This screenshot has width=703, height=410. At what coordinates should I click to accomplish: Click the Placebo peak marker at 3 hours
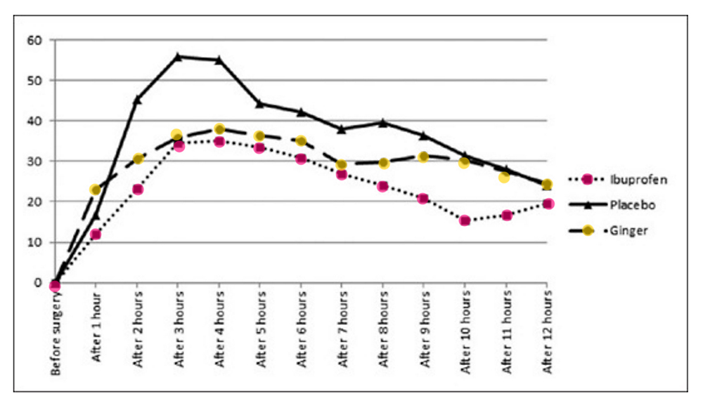point(178,56)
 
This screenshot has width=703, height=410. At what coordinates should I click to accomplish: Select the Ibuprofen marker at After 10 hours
point(465,220)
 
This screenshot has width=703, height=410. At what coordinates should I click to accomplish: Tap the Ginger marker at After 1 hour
point(96,190)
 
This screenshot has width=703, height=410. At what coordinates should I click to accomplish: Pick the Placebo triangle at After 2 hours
point(137,100)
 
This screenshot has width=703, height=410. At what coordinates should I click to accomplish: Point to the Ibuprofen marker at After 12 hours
point(548,204)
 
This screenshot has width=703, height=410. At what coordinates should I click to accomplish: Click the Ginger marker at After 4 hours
point(219,129)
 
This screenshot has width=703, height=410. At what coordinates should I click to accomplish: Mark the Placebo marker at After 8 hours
point(383,122)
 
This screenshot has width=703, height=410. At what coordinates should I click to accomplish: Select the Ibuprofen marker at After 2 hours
point(137,189)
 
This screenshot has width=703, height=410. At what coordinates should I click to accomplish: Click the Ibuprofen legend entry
point(628,180)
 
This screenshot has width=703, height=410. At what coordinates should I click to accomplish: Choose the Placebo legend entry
point(628,205)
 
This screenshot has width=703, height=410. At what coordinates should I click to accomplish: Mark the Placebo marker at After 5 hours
point(260,103)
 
